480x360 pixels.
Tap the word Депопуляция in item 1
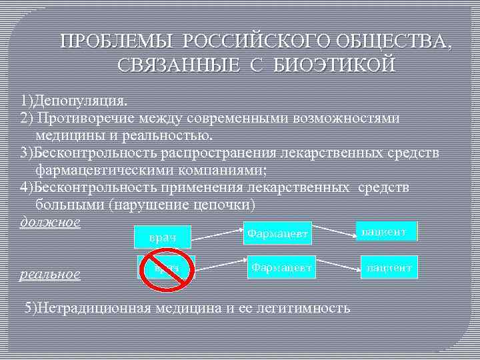(75, 101)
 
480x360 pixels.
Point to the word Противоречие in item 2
(81, 119)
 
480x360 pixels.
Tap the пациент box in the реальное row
(389, 268)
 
